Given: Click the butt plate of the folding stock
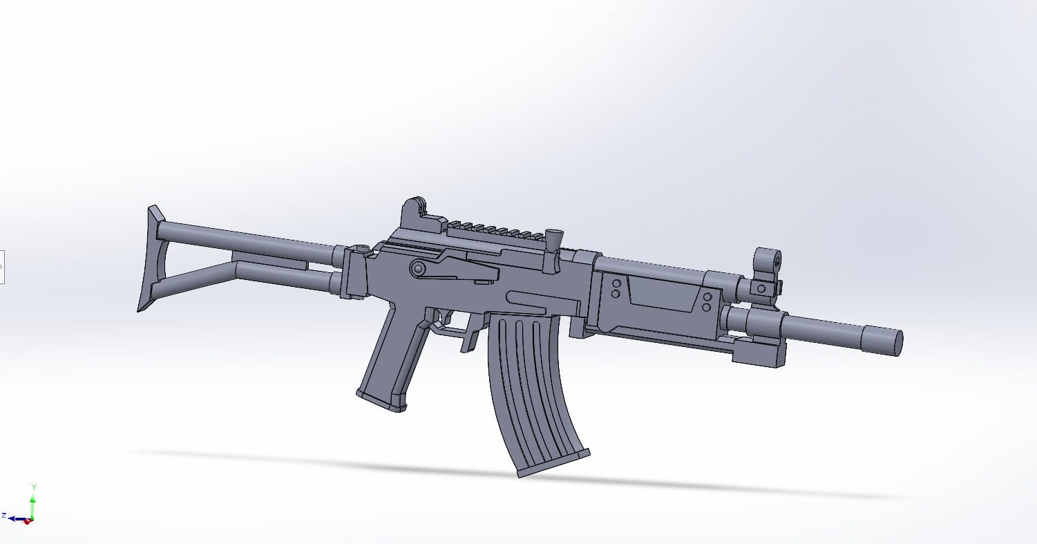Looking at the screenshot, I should coord(150,259).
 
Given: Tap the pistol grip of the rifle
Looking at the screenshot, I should coord(390,359).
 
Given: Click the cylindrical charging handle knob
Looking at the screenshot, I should coord(553,238).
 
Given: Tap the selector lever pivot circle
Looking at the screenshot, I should coord(417,268).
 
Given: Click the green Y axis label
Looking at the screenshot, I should coord(33,487).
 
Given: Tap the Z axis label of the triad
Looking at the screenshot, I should coord(4,515).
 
